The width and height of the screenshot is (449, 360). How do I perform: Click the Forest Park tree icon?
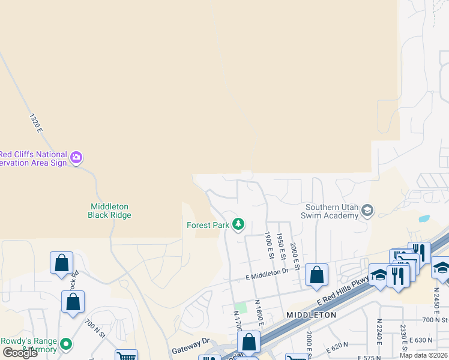239,224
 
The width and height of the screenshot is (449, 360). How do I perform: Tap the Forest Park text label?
208,226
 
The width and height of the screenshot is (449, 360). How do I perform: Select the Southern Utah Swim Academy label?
331,211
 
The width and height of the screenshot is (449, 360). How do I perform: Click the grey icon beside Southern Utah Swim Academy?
367,210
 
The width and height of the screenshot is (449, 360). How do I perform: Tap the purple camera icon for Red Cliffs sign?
76,158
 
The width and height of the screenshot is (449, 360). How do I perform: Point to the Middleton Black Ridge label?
109,211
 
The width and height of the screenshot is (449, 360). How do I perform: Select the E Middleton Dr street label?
267,274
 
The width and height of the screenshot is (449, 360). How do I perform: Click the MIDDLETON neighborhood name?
311,315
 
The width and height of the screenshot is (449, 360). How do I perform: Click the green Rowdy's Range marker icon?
67,344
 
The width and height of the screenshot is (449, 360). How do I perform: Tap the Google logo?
19,353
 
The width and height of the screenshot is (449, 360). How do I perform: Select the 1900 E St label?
270,246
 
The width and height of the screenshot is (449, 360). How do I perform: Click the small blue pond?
424,218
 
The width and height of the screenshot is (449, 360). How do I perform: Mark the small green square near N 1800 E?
241,307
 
